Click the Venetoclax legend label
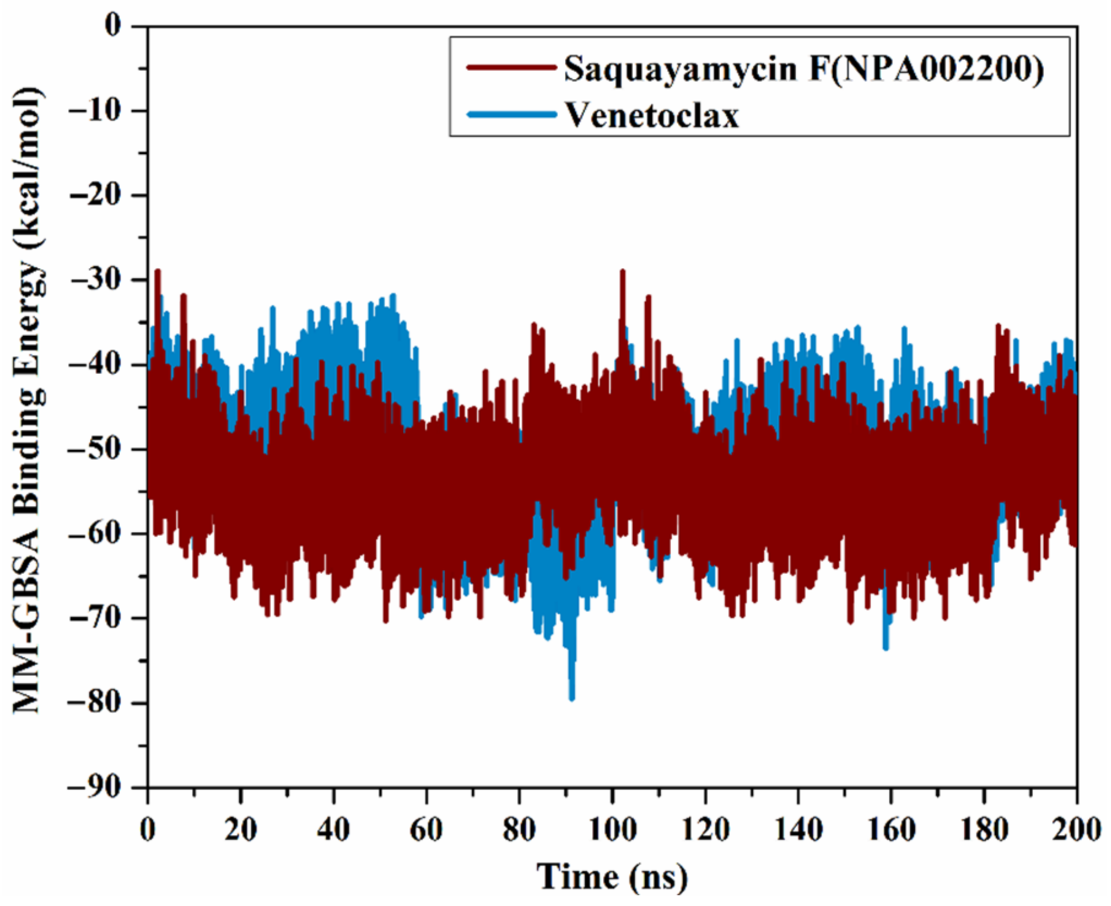(x=652, y=115)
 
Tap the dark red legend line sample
(x=511, y=68)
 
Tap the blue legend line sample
(x=511, y=115)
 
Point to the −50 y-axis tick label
(x=101, y=449)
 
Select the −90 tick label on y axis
(x=101, y=787)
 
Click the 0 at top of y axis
(x=114, y=26)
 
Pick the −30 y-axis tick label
(x=101, y=280)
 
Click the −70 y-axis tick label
(x=101, y=618)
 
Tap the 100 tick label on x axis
(x=613, y=830)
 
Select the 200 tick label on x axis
(x=1076, y=830)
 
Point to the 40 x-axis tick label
(x=333, y=830)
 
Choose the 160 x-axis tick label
(x=891, y=830)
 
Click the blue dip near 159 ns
(x=886, y=647)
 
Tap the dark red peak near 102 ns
(x=622, y=270)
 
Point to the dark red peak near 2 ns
(x=158, y=270)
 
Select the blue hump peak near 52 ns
(x=392, y=296)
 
